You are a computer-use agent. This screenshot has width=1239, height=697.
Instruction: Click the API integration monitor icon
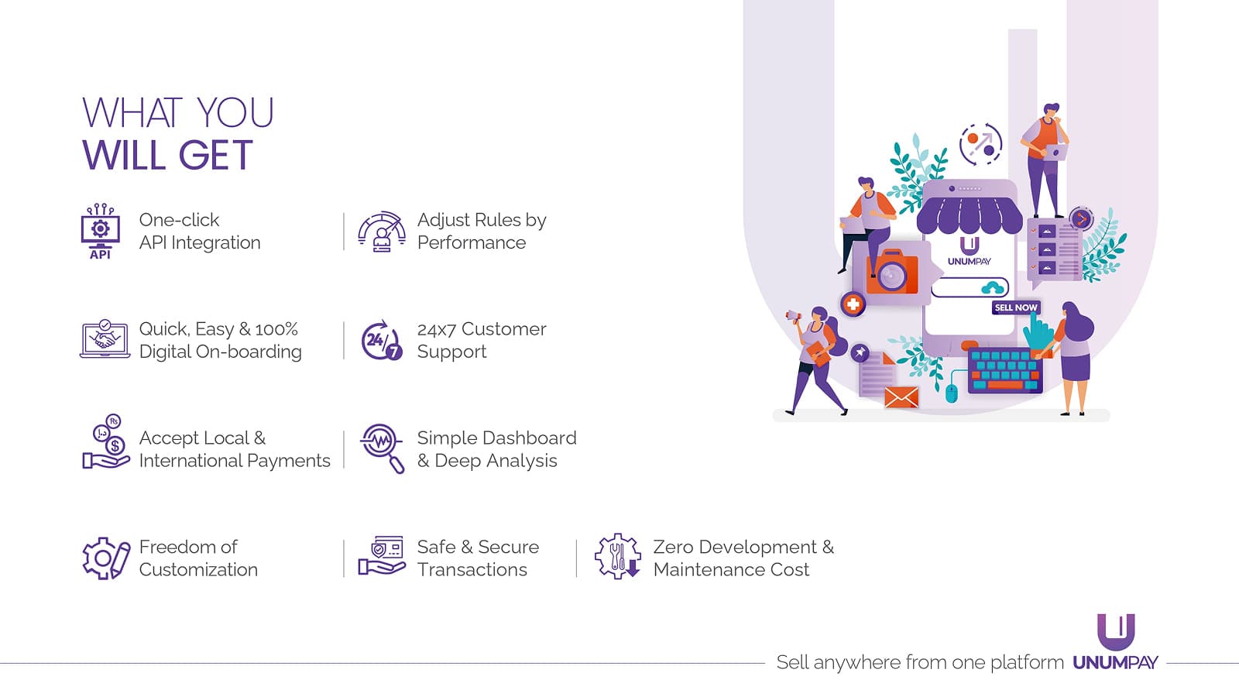100,231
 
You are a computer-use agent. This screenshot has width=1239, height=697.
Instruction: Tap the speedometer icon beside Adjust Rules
381,232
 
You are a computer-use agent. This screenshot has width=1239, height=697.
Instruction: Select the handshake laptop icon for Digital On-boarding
105,339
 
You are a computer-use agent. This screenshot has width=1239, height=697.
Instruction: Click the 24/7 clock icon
381,340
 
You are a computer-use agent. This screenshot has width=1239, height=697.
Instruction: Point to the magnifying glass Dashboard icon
382,448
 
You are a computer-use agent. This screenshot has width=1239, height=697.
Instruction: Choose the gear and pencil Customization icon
105,558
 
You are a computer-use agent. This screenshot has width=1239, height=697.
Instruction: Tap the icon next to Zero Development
617,556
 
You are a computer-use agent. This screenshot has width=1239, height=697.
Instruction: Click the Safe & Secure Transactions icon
381,555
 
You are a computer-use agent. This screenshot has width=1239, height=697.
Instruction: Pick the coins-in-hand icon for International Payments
106,443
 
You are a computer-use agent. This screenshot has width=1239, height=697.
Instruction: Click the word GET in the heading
216,156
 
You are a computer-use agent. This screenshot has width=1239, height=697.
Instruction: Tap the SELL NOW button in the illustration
1015,307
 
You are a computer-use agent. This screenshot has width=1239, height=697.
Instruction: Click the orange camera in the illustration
892,272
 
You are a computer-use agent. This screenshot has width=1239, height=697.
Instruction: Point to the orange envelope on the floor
901,397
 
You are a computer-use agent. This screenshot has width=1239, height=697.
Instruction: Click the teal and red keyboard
1004,370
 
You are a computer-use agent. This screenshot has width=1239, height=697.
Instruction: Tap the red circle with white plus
853,304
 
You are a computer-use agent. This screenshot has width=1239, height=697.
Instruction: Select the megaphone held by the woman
792,316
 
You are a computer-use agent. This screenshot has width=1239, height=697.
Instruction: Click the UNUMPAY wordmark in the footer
1115,663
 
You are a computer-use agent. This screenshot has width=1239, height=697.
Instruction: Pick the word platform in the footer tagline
1027,663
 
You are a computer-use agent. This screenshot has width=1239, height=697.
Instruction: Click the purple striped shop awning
969,214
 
